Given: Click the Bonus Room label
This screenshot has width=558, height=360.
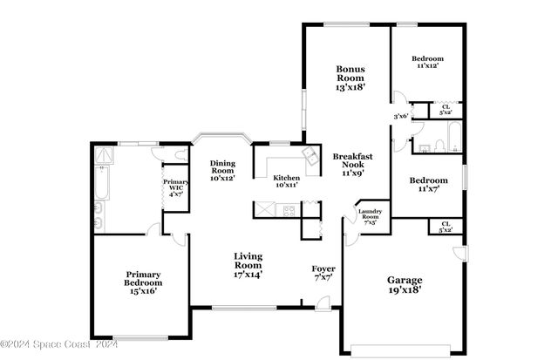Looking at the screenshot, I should coord(350,78).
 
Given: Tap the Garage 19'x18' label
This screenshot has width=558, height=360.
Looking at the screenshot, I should coord(405,284).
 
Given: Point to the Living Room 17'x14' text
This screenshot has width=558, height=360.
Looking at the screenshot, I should coord(248,265).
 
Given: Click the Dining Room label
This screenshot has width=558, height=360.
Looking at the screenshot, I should coord(221,171).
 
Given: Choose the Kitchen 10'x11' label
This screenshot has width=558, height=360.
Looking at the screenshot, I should coord(287,180).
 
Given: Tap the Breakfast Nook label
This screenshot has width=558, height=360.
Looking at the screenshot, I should coord(352,165).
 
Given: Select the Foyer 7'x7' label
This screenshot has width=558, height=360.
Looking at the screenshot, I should coord(323,273).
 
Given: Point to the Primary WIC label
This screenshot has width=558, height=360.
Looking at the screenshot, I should coord(174,187).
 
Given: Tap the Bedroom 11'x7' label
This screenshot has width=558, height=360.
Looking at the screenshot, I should coord(428,184).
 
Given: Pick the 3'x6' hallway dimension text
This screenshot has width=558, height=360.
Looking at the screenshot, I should coord(401,116).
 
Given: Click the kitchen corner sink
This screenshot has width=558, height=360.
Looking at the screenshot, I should coord(310,155).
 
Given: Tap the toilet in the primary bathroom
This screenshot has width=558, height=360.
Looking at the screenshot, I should coord(180,154).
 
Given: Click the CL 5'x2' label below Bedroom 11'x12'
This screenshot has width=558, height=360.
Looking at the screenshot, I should coord(446,110).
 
